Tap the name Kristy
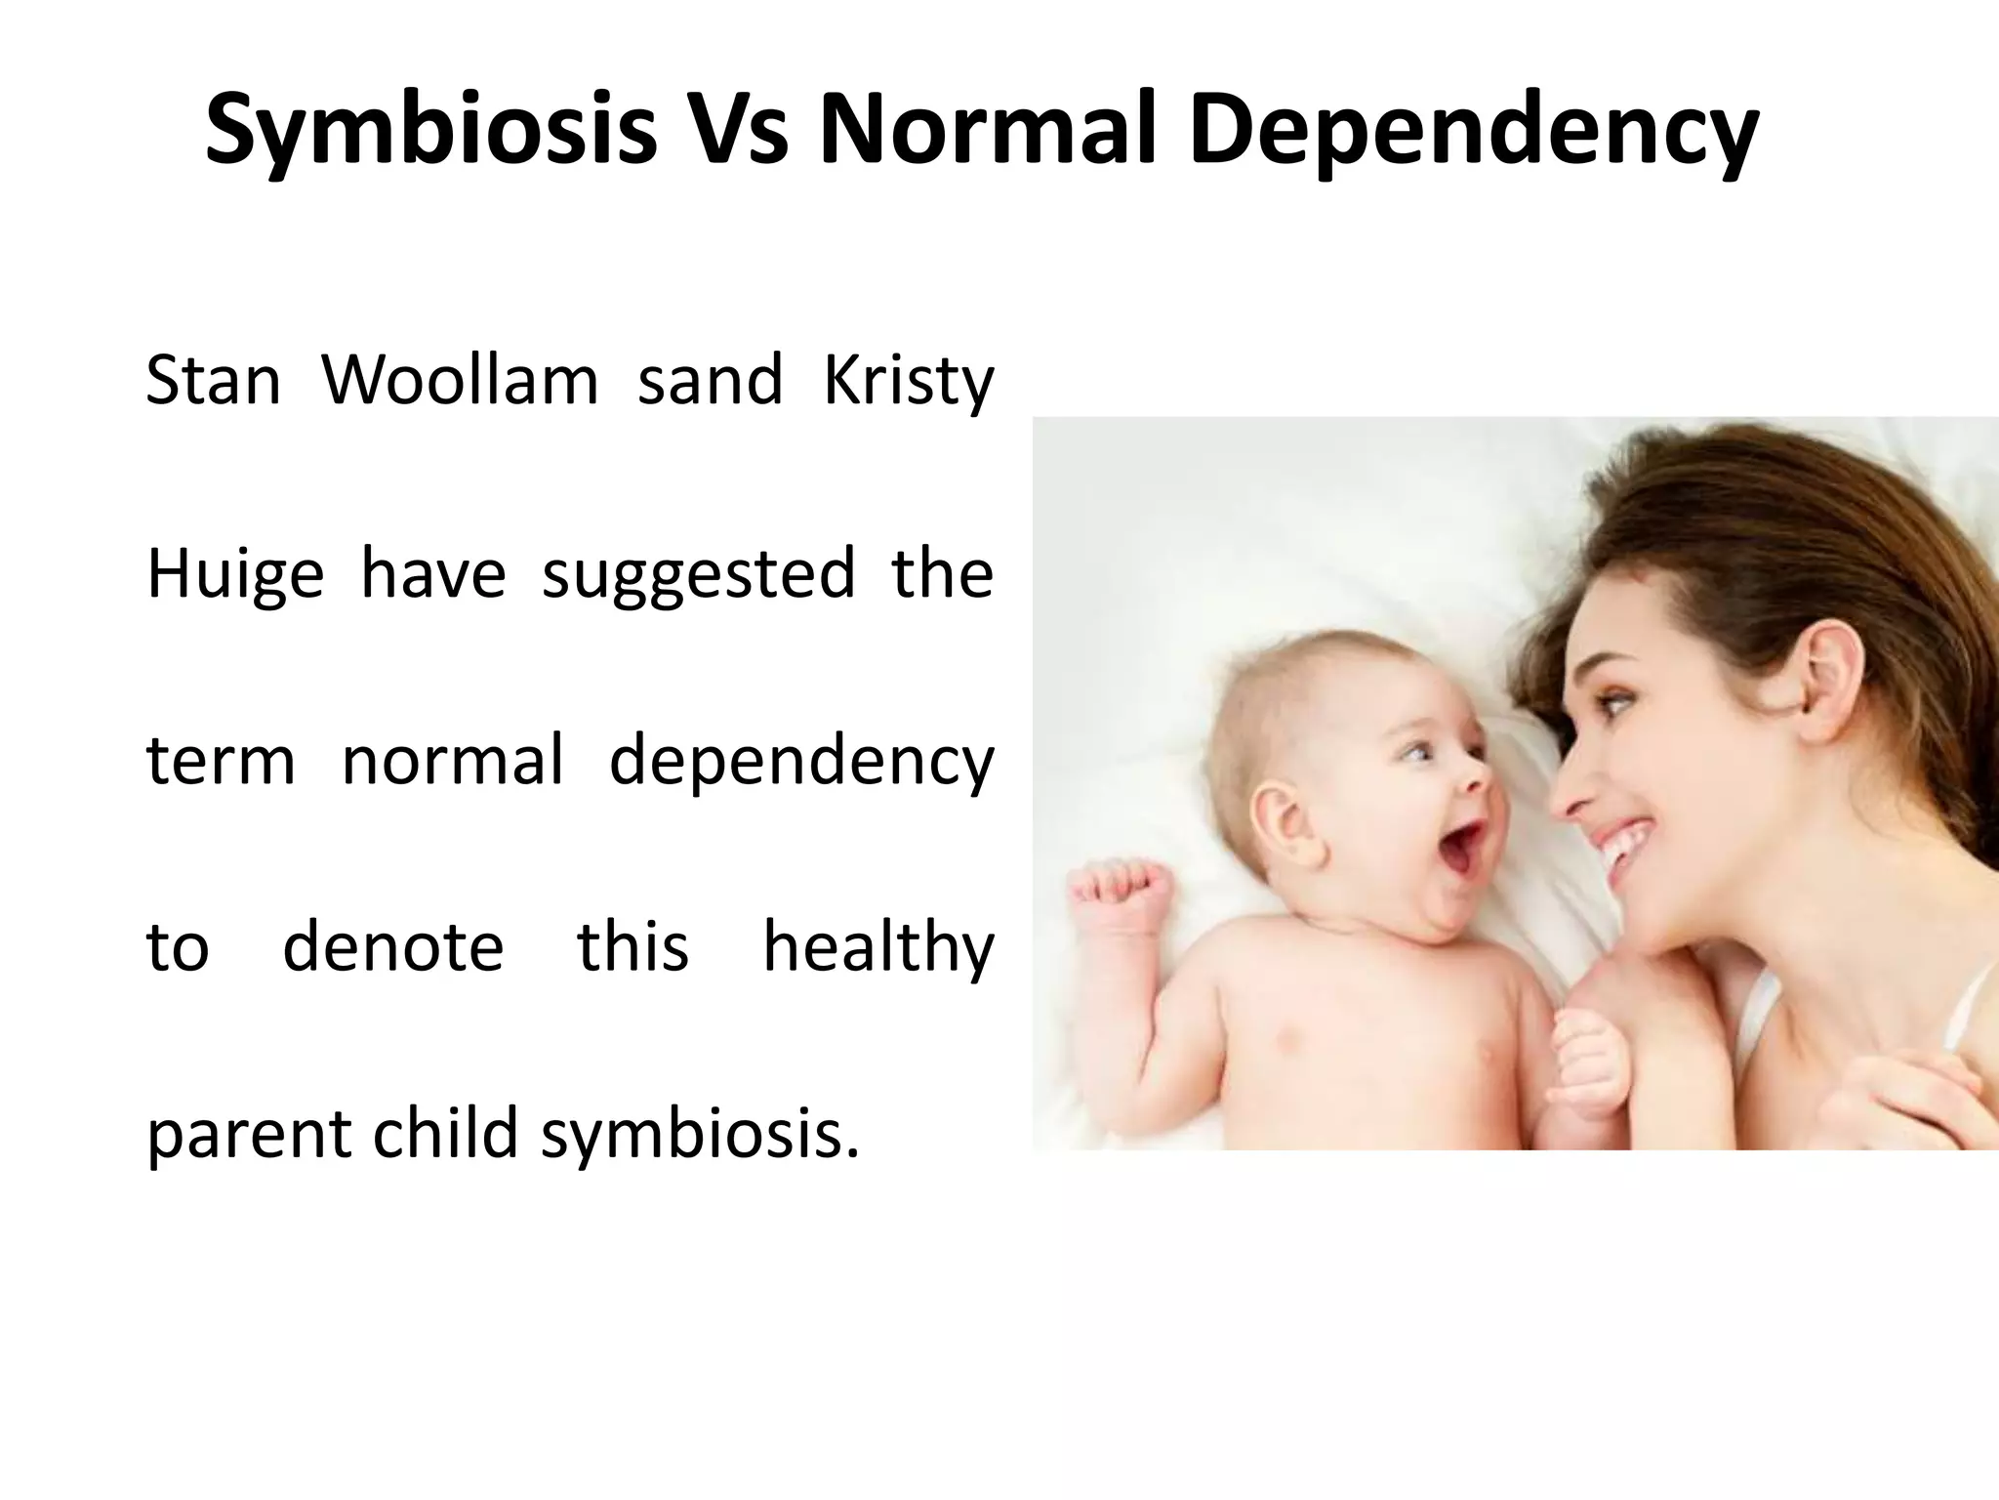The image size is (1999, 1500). (909, 381)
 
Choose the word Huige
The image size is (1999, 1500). (234, 574)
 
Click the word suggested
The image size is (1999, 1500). (698, 574)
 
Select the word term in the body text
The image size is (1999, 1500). (221, 761)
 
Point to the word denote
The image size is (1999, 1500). (392, 947)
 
